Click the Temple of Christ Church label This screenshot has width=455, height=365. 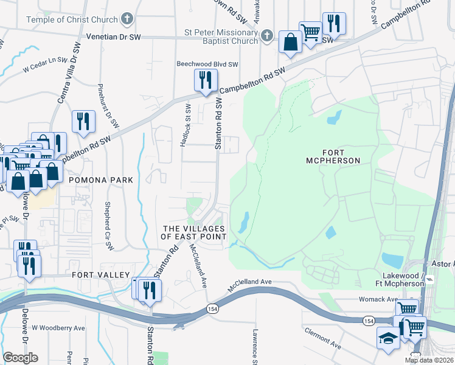pos(72,19)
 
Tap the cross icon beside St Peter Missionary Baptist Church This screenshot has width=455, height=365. pos(266,37)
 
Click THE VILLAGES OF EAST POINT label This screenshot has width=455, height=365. pos(193,232)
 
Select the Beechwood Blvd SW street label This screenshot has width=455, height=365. pos(207,63)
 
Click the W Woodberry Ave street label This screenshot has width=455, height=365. pos(58,328)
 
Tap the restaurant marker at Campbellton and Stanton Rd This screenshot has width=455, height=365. pos(206,80)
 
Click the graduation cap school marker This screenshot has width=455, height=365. pos(388,338)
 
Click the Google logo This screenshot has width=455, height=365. pos(20,358)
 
